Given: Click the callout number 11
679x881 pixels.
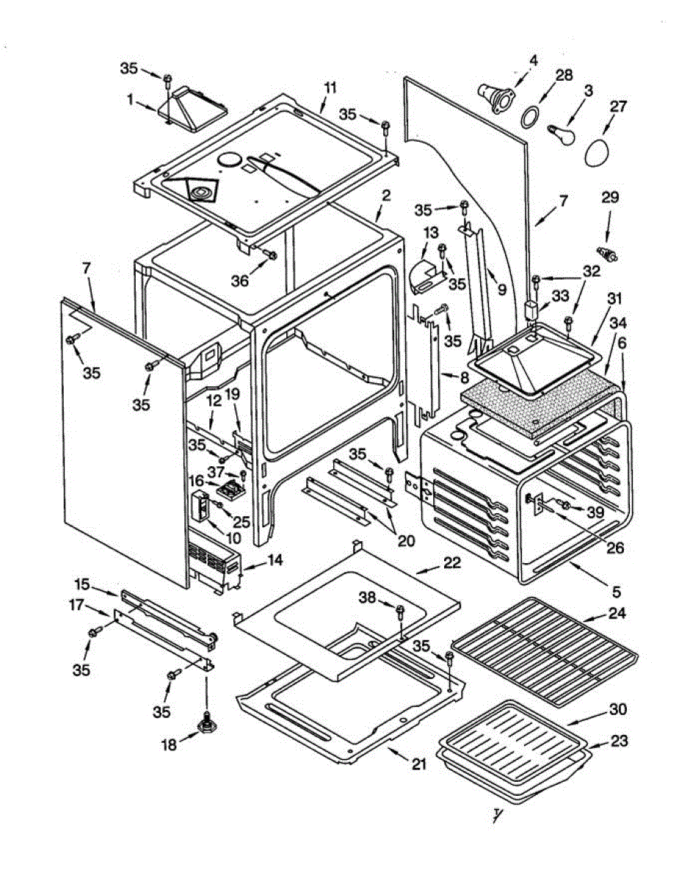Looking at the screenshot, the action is click(x=331, y=88).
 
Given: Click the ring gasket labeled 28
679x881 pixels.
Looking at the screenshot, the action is click(x=529, y=117).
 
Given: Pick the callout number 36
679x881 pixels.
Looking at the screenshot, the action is click(x=239, y=280).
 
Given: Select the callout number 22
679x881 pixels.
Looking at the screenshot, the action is click(x=452, y=562).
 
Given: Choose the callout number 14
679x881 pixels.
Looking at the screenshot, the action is click(x=275, y=560).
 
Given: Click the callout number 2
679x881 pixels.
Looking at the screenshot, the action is click(x=386, y=195).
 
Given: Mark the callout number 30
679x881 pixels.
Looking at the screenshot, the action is click(x=618, y=709).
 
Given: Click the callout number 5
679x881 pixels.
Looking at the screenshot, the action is click(x=617, y=592).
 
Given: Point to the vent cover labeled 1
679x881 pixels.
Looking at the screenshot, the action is click(x=192, y=109).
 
